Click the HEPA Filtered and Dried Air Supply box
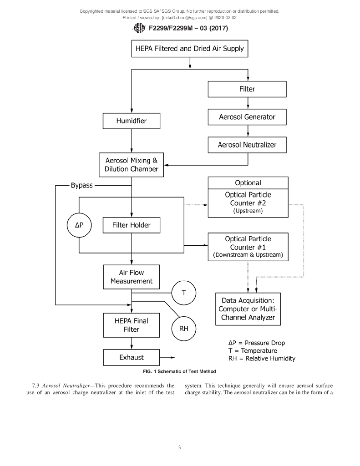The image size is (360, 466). click(190, 49)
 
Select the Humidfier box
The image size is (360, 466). click(132, 121)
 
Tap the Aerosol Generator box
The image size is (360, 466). click(247, 117)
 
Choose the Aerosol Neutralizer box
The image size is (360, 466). click(247, 145)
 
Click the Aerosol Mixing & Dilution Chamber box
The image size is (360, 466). click(132, 165)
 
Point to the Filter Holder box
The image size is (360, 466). click(132, 225)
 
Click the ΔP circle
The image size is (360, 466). click(79, 225)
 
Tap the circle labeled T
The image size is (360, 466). click(184, 293)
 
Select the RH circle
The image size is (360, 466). click(184, 328)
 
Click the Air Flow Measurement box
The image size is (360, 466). click(132, 277)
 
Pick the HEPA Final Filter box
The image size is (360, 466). click(132, 325)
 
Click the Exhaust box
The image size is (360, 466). click(132, 357)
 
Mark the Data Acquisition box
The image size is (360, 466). click(248, 309)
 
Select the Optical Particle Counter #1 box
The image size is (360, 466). click(248, 247)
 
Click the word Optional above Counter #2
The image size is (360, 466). click(248, 183)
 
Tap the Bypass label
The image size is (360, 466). click(82, 186)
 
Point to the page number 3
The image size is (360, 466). click(180, 448)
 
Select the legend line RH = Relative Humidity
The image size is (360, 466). click(262, 359)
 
